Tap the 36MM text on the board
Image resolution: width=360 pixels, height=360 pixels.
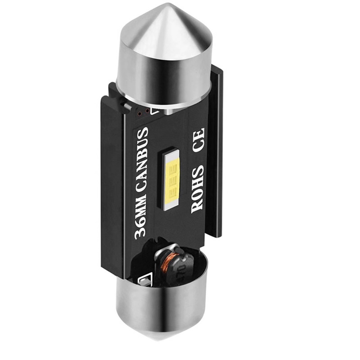click(x=140, y=218)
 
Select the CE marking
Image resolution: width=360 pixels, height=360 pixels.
click(x=198, y=140)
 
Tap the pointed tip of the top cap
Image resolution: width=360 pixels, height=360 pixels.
click(x=169, y=4)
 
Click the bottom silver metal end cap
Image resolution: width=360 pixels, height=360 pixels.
click(x=161, y=306)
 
